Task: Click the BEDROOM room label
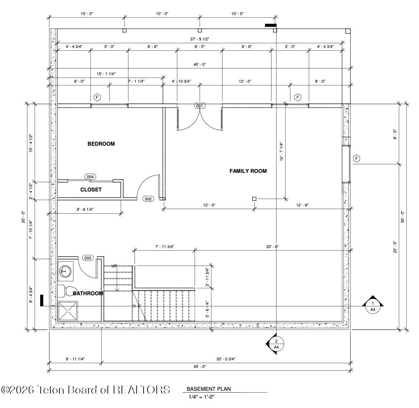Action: [x=101, y=144]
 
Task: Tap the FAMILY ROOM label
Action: [x=248, y=171]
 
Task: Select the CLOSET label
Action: [x=91, y=190]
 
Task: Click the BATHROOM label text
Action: [x=88, y=293]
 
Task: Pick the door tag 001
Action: [x=199, y=106]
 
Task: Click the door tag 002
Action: [x=148, y=199]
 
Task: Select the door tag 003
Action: [x=88, y=258]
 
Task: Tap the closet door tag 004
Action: [x=90, y=177]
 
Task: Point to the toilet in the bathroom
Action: [x=67, y=291]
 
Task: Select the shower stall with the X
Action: [x=68, y=311]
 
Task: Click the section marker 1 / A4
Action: [x=372, y=306]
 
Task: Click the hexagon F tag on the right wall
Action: [x=356, y=159]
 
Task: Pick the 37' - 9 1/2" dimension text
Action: [x=199, y=39]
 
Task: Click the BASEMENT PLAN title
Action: [x=208, y=389]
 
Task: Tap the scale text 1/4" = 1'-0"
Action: [x=201, y=397]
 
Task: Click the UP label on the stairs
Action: [x=114, y=266]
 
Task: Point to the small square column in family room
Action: [x=254, y=199]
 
